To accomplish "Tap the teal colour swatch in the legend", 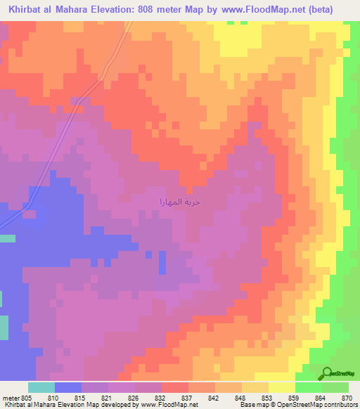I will (x=41, y=387).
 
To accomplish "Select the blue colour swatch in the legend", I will (x=68, y=387).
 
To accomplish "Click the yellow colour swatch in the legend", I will (x=281, y=387).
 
